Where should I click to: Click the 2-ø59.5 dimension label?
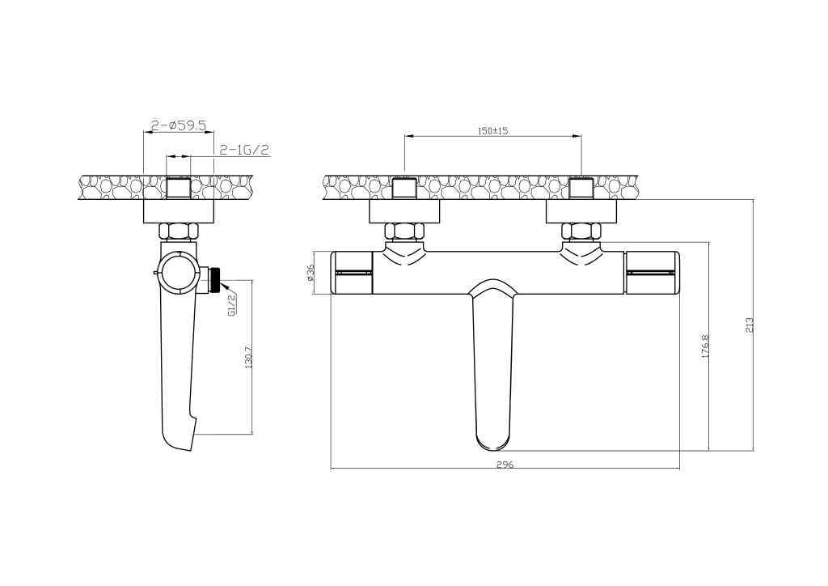pos(179,125)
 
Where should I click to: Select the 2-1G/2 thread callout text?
pos(244,150)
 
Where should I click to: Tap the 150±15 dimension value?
pos(492,130)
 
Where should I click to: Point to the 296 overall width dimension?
pos(505,465)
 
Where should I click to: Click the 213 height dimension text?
pos(749,325)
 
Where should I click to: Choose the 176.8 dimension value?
pos(705,346)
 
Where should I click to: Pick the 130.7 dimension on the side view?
pos(249,356)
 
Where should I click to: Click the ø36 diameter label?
pos(310,274)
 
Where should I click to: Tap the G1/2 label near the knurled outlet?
pos(231,304)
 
